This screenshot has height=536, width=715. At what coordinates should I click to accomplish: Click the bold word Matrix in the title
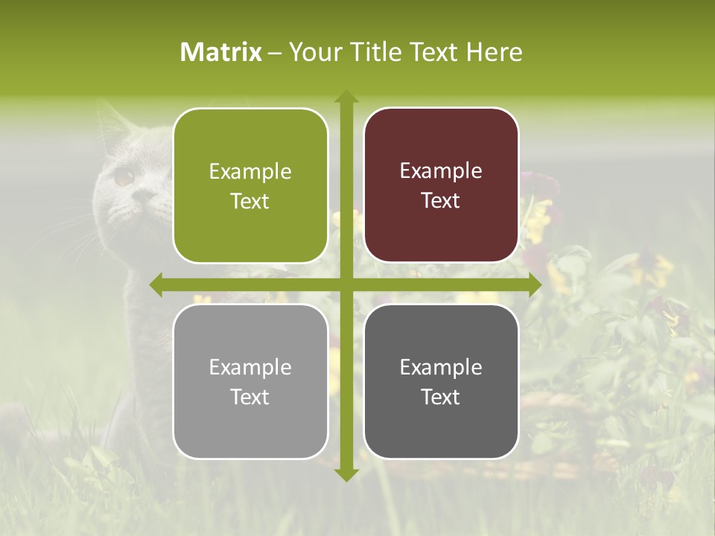(221, 52)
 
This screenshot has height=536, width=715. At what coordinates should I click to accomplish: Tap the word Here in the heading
(495, 52)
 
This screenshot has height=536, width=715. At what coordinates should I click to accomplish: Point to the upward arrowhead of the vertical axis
(346, 96)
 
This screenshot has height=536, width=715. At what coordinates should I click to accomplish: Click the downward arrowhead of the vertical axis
(346, 474)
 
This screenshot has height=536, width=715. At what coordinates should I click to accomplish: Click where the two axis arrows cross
(346, 285)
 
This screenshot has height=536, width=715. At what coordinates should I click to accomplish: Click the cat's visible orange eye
(124, 177)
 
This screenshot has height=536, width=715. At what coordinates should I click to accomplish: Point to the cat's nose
(142, 197)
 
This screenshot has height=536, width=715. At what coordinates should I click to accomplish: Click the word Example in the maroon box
(441, 170)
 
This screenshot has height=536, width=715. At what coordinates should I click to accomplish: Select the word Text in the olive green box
(250, 201)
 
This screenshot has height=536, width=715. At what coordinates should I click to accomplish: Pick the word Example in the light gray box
(250, 367)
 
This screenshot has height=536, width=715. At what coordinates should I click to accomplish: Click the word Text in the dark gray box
(441, 397)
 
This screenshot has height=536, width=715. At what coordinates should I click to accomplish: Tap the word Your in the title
(314, 52)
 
